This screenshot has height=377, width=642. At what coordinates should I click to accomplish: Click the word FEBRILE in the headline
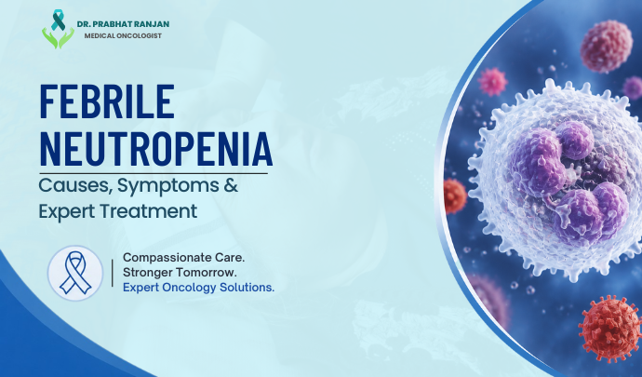click(107, 101)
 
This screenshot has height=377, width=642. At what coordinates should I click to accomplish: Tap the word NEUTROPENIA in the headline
click(156, 148)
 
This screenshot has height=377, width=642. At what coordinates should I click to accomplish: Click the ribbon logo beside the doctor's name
click(58, 29)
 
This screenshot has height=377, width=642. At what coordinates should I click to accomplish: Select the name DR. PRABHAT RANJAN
click(123, 24)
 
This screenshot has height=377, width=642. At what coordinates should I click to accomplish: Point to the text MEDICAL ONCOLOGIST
click(123, 35)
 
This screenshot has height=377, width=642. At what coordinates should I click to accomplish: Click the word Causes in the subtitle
click(75, 185)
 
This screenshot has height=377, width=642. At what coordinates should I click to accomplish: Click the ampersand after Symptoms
click(231, 185)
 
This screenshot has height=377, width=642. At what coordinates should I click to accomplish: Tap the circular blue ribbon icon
click(75, 273)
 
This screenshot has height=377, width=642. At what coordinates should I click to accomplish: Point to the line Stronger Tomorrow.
click(180, 272)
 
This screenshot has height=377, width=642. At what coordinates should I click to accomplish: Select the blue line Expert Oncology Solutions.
click(198, 288)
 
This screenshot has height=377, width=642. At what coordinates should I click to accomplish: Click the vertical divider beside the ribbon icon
click(113, 273)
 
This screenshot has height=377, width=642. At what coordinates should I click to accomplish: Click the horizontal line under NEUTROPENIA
click(154, 174)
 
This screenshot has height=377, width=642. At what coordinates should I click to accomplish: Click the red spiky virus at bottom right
click(609, 329)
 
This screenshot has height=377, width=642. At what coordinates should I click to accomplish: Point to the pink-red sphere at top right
click(607, 47)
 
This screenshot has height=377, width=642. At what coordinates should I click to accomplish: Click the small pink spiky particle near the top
click(492, 82)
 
